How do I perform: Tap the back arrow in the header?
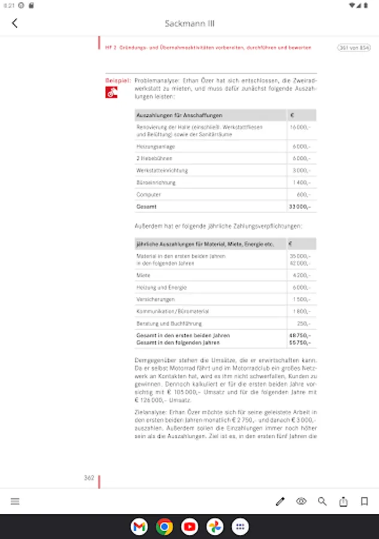click(x=15, y=23)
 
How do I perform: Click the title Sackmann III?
click(x=189, y=23)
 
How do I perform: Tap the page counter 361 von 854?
click(x=354, y=47)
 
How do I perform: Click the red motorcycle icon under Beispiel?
click(x=111, y=92)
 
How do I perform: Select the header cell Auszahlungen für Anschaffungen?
click(x=180, y=115)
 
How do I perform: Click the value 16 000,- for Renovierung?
click(x=301, y=128)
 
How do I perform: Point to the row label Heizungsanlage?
click(x=148, y=146)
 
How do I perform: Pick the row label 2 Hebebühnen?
click(x=146, y=158)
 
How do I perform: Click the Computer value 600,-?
click(x=304, y=195)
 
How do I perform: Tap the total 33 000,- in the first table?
click(x=300, y=207)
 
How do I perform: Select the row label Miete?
click(x=143, y=275)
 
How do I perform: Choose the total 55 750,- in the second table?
click(x=300, y=343)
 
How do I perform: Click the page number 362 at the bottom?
click(x=89, y=478)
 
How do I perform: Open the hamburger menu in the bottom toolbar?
click(x=15, y=501)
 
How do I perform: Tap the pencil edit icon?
click(x=280, y=501)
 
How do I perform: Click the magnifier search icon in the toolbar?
click(x=322, y=501)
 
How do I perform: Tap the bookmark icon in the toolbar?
click(x=364, y=501)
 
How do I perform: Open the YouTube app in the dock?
click(x=190, y=526)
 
